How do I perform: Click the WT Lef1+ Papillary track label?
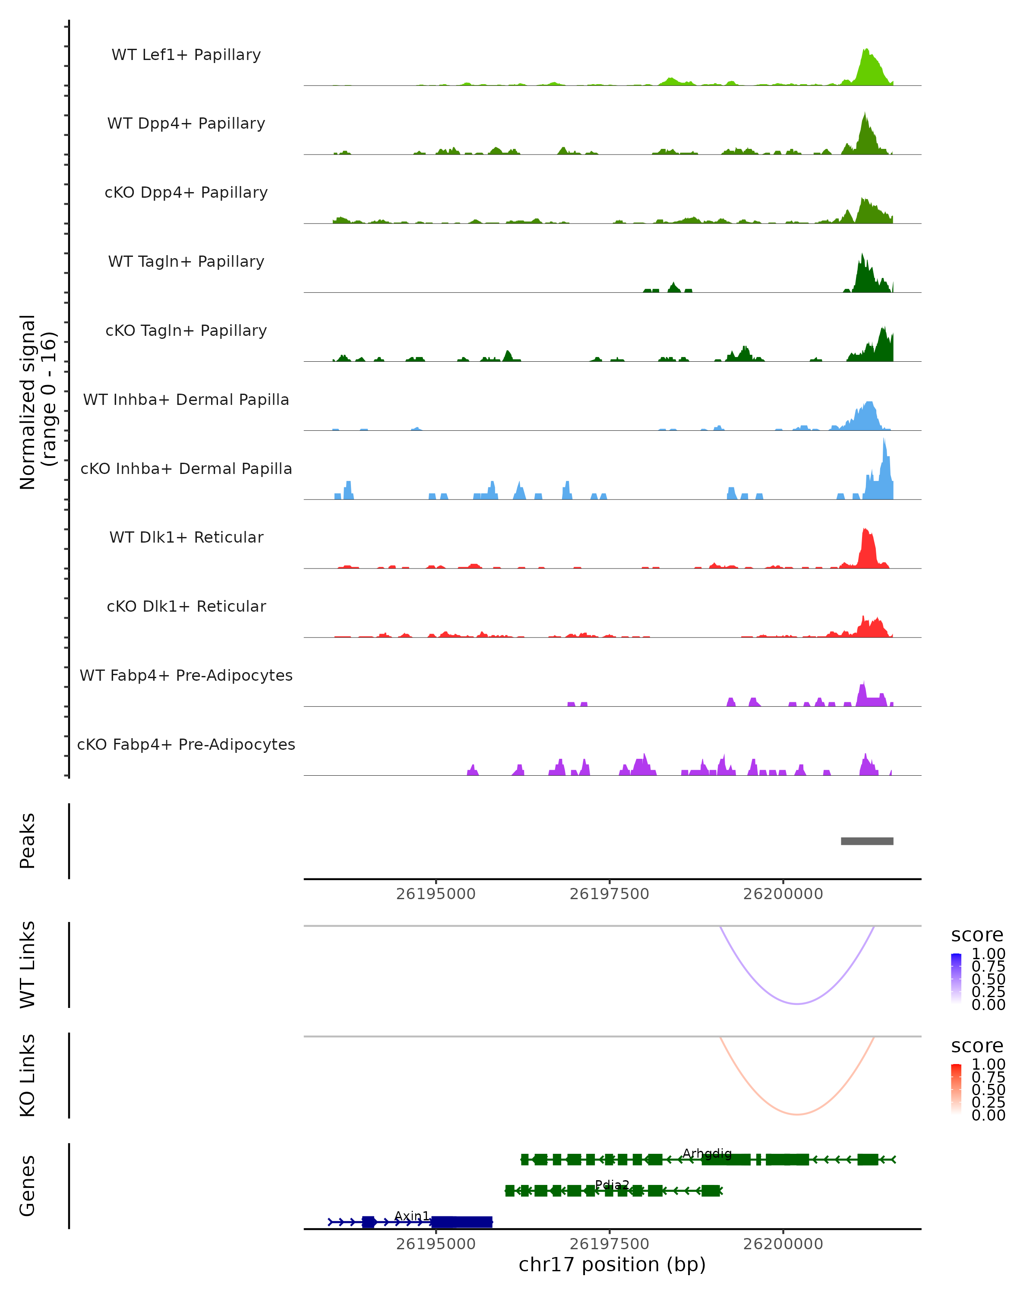[x=186, y=55]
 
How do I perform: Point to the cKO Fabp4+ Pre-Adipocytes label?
[x=186, y=744]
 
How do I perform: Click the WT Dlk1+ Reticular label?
[x=186, y=537]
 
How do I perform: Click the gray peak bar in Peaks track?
[x=867, y=841]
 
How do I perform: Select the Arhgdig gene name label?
[x=707, y=1153]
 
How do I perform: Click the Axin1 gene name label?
[x=412, y=1216]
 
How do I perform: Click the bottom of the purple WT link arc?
[x=797, y=1004]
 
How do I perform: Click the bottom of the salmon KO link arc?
[x=797, y=1114]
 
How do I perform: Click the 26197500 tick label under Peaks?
[x=609, y=894]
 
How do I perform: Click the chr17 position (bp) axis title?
[x=612, y=1264]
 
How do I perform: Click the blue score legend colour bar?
[x=956, y=979]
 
